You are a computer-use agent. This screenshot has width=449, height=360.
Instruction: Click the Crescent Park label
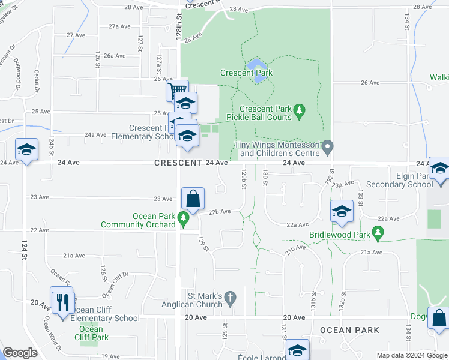246,73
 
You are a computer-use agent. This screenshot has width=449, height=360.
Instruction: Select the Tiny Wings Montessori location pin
327,146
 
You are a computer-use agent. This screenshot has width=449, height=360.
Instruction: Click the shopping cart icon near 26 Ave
178,91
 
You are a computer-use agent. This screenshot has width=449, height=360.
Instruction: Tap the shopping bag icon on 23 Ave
193,199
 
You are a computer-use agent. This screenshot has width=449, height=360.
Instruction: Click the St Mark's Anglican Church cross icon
229,297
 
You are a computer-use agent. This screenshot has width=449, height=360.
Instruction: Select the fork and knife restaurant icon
62,301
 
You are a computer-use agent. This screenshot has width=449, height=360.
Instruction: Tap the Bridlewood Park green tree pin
377,232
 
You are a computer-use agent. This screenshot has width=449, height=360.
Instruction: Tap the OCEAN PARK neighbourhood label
349,330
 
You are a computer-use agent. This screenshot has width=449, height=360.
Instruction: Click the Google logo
19,353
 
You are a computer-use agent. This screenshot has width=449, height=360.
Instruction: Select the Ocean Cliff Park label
91,333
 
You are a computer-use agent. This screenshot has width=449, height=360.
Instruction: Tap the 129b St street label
244,178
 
